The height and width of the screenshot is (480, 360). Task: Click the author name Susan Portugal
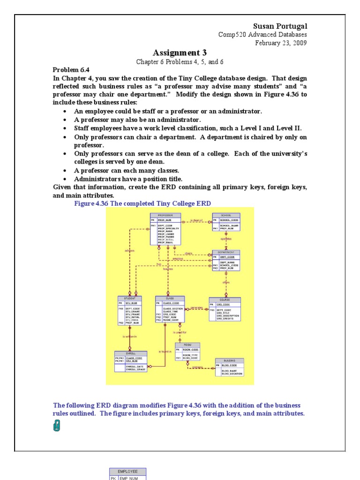pyautogui.click(x=280, y=26)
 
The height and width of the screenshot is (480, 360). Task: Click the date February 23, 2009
pyautogui.click(x=281, y=43)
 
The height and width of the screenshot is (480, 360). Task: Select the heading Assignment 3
pyautogui.click(x=180, y=52)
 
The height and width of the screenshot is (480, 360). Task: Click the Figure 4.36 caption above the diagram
pyautogui.click(x=142, y=203)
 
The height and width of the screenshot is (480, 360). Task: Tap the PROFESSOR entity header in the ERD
pyautogui.click(x=165, y=215)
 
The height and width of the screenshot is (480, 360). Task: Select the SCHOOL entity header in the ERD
pyautogui.click(x=226, y=215)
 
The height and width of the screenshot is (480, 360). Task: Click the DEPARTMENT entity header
pyautogui.click(x=226, y=252)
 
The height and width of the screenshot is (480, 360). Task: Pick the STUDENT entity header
pyautogui.click(x=130, y=298)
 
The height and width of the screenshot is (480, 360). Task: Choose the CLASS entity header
pyautogui.click(x=170, y=298)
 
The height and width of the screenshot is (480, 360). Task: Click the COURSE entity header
pyautogui.click(x=225, y=300)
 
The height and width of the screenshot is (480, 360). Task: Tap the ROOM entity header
pyautogui.click(x=187, y=345)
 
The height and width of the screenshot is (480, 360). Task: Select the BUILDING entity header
pyautogui.click(x=229, y=360)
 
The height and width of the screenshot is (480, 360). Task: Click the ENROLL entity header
pyautogui.click(x=131, y=353)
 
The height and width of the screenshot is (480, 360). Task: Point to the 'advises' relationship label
pyautogui.click(x=129, y=250)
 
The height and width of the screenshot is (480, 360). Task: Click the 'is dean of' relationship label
pyautogui.click(x=196, y=220)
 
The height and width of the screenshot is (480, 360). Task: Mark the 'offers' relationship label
pyautogui.click(x=226, y=283)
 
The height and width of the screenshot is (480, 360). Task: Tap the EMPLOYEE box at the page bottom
pyautogui.click(x=127, y=472)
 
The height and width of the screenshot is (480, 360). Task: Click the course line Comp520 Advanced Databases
pyautogui.click(x=262, y=35)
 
